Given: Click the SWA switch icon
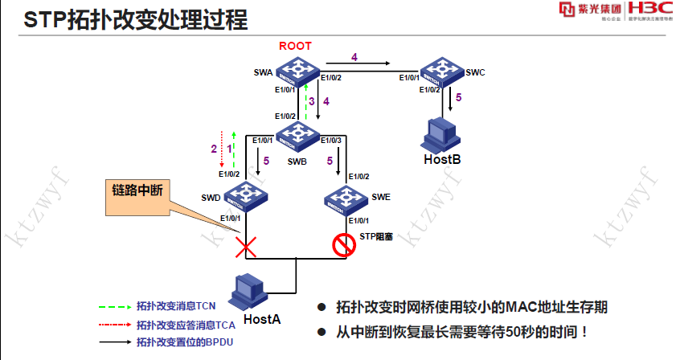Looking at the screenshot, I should tap(298, 71).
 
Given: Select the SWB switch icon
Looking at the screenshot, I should tap(298, 132).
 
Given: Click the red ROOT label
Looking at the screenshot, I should tap(295, 46).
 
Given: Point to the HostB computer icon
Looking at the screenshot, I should tap(440, 132).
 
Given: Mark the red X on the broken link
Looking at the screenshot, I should tap(245, 246).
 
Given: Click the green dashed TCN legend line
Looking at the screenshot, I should tap(114, 306).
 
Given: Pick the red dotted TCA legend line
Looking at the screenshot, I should tap(114, 325).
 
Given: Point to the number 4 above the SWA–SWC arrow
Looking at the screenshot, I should tap(354, 55).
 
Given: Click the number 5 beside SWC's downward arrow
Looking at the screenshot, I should tap(459, 98).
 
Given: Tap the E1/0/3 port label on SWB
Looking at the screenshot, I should tap(330, 141).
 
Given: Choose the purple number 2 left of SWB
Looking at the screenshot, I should tap(214, 149).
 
